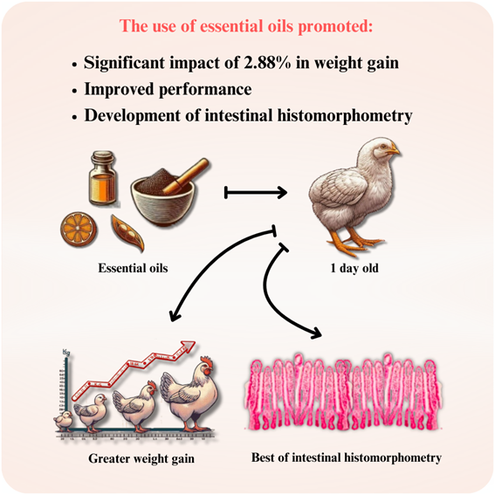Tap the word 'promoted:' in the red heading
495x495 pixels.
point(335,26)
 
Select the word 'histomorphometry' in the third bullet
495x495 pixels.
point(345,115)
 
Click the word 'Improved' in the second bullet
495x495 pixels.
point(119,89)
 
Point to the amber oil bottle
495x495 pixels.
point(102,178)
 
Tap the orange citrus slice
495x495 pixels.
point(79,229)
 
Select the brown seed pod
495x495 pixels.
point(127,233)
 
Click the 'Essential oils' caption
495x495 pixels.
point(133,268)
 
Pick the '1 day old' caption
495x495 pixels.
point(354,268)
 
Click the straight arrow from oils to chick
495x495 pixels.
point(256,192)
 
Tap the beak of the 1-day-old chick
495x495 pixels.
point(395,150)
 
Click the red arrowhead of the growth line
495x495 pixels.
point(189,346)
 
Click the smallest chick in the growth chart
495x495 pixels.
point(64,421)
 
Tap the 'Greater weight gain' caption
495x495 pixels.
point(141,458)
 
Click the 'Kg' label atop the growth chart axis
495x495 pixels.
point(66,351)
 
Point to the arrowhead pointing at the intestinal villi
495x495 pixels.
point(317,334)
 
